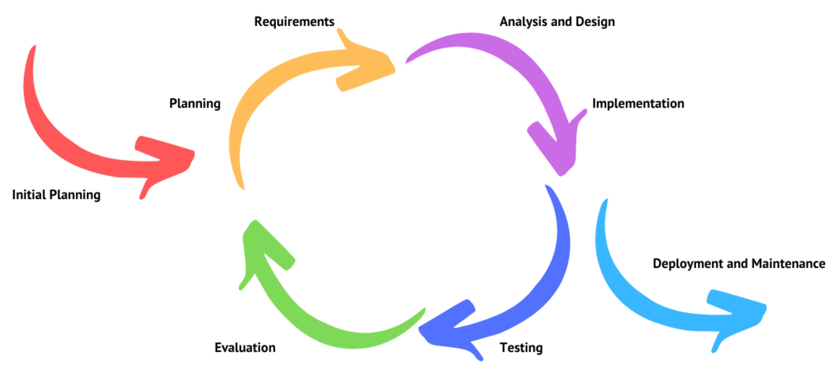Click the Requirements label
coord(294,22)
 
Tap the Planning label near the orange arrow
coord(195,104)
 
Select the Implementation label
coord(638,104)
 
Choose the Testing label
coord(521,348)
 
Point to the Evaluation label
coord(245,348)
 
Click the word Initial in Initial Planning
coord(29,195)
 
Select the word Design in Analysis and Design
coord(595,22)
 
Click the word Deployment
coord(687,264)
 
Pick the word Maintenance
coord(788,264)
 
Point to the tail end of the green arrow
coord(422,311)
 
